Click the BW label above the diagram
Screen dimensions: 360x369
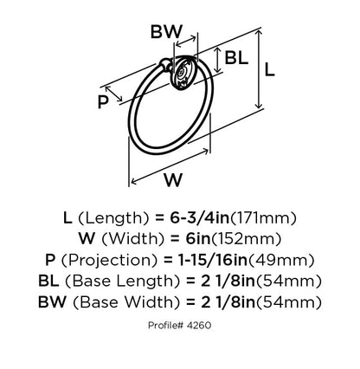pos(166,31)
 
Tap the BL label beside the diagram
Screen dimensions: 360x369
pos(236,57)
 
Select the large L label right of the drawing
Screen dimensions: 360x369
pos(269,69)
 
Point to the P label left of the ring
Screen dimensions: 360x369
pos(103,102)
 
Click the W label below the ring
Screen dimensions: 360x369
pos(174,180)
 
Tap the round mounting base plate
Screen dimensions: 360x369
pos(183,73)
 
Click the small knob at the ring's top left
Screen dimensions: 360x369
pos(165,64)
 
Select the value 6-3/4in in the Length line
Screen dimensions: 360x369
pos(199,218)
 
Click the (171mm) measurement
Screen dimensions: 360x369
pos(263,218)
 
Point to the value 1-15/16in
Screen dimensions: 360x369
pos(211,260)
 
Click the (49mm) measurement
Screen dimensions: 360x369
pos(281,261)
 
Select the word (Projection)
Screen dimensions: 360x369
pos(110,261)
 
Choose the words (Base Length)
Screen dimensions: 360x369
pos(119,282)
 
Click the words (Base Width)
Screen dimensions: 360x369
pos(126,302)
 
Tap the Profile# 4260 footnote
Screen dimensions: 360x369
pos(180,326)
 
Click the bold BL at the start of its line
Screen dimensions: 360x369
pos(48,282)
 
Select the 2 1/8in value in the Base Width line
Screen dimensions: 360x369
pos(228,302)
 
